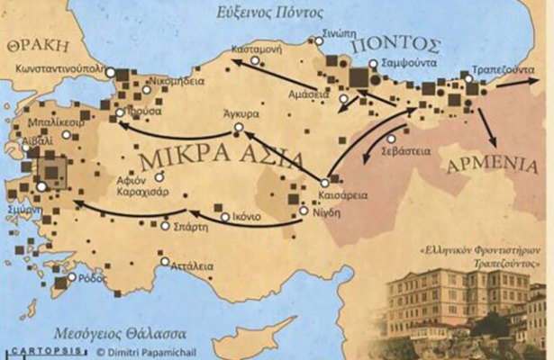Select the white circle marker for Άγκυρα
click(x=238, y=129)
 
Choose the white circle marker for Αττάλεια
click(x=165, y=264)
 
